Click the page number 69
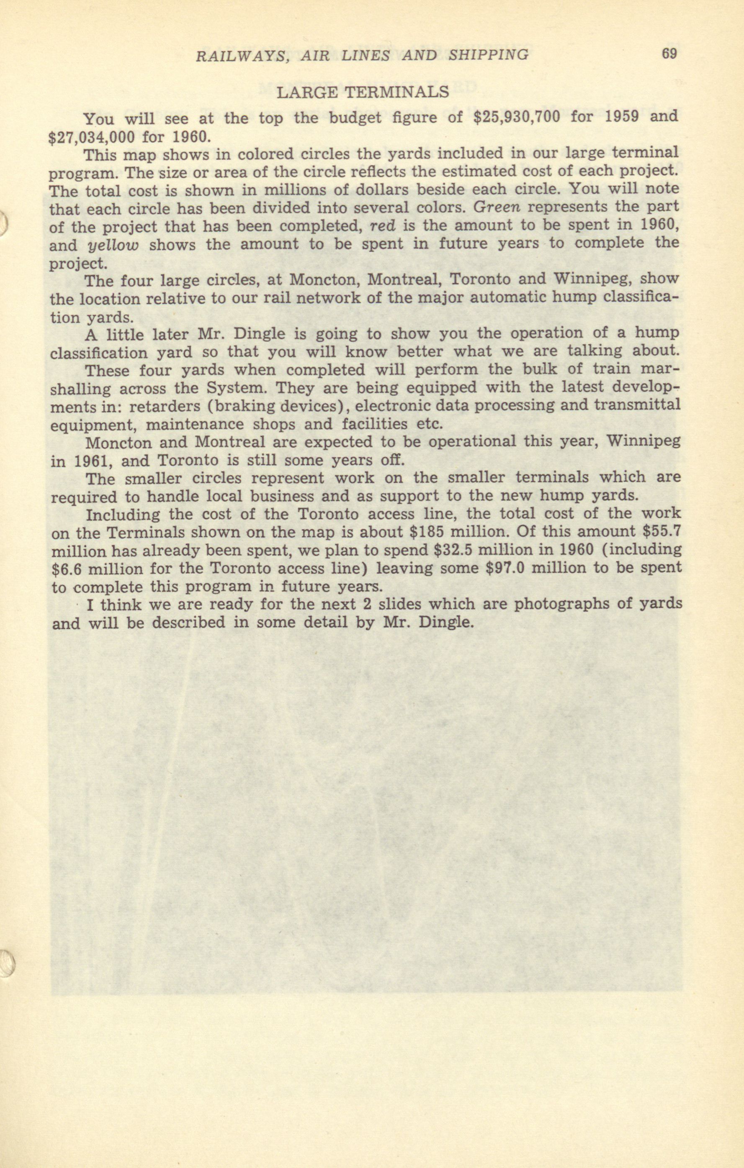[669, 54]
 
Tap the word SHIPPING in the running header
[488, 55]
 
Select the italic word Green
[496, 207]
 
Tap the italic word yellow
[113, 246]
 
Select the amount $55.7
[661, 531]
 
